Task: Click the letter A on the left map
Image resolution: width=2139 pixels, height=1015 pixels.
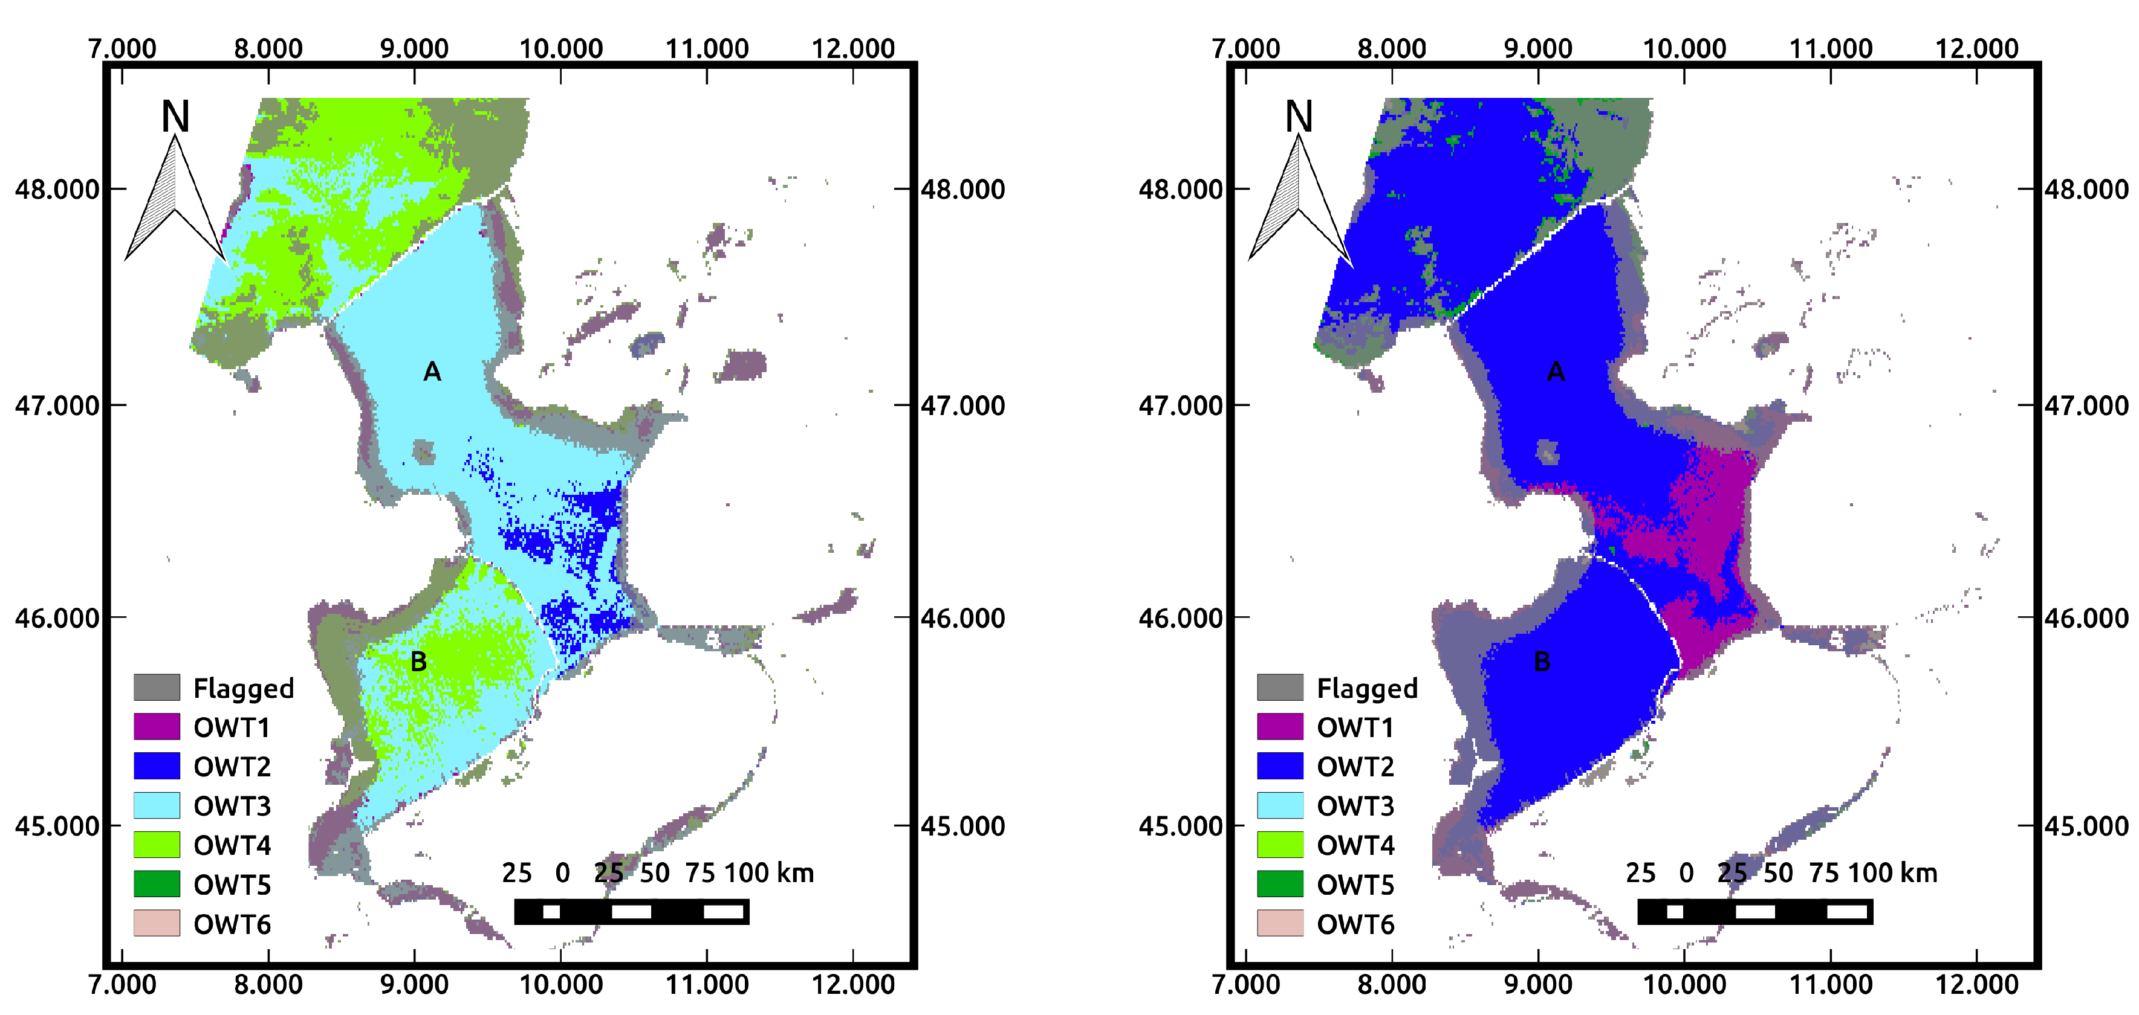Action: pos(432,372)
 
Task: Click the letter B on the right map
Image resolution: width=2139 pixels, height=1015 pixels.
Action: pos(1542,662)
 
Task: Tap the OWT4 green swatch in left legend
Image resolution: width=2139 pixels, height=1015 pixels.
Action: pos(157,845)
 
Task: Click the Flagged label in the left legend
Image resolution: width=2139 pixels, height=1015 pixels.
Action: pos(243,688)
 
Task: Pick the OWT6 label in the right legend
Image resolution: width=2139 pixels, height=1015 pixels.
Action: pos(1355,924)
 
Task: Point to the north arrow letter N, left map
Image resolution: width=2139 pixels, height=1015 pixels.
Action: pos(175,116)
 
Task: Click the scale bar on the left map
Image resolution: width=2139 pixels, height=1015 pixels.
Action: pos(631,911)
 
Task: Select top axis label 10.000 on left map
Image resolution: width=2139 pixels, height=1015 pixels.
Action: pos(560,48)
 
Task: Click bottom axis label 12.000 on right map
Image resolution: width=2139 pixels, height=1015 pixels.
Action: pos(1976,985)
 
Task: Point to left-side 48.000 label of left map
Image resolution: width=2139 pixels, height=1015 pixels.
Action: pos(56,189)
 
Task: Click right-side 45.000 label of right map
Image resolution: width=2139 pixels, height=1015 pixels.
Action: pos(2086,826)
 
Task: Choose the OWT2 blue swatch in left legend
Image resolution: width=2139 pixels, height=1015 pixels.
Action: pos(157,765)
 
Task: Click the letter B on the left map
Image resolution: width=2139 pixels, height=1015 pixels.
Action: pos(418,662)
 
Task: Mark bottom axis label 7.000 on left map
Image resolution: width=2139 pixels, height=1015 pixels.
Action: pos(122,985)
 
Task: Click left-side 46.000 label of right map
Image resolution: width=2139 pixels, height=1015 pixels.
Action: pos(1180,618)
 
